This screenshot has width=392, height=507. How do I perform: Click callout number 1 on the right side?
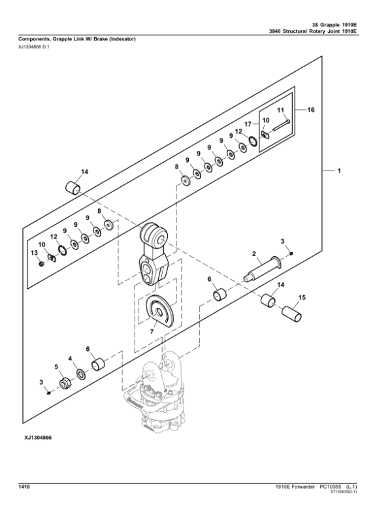coord(339,171)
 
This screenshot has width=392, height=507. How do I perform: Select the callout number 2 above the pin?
coord(254,253)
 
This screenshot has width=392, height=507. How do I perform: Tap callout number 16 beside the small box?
coord(311,111)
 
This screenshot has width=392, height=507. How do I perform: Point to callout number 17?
coord(248,123)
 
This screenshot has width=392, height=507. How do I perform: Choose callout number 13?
coord(34,252)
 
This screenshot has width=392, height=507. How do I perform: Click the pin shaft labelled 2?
coord(261,270)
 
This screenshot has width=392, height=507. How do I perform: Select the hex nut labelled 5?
coord(65,383)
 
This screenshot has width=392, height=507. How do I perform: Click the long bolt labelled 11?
coord(278,127)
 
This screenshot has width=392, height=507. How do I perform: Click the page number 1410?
coord(26,487)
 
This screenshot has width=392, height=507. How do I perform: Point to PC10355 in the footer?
coord(331,487)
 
